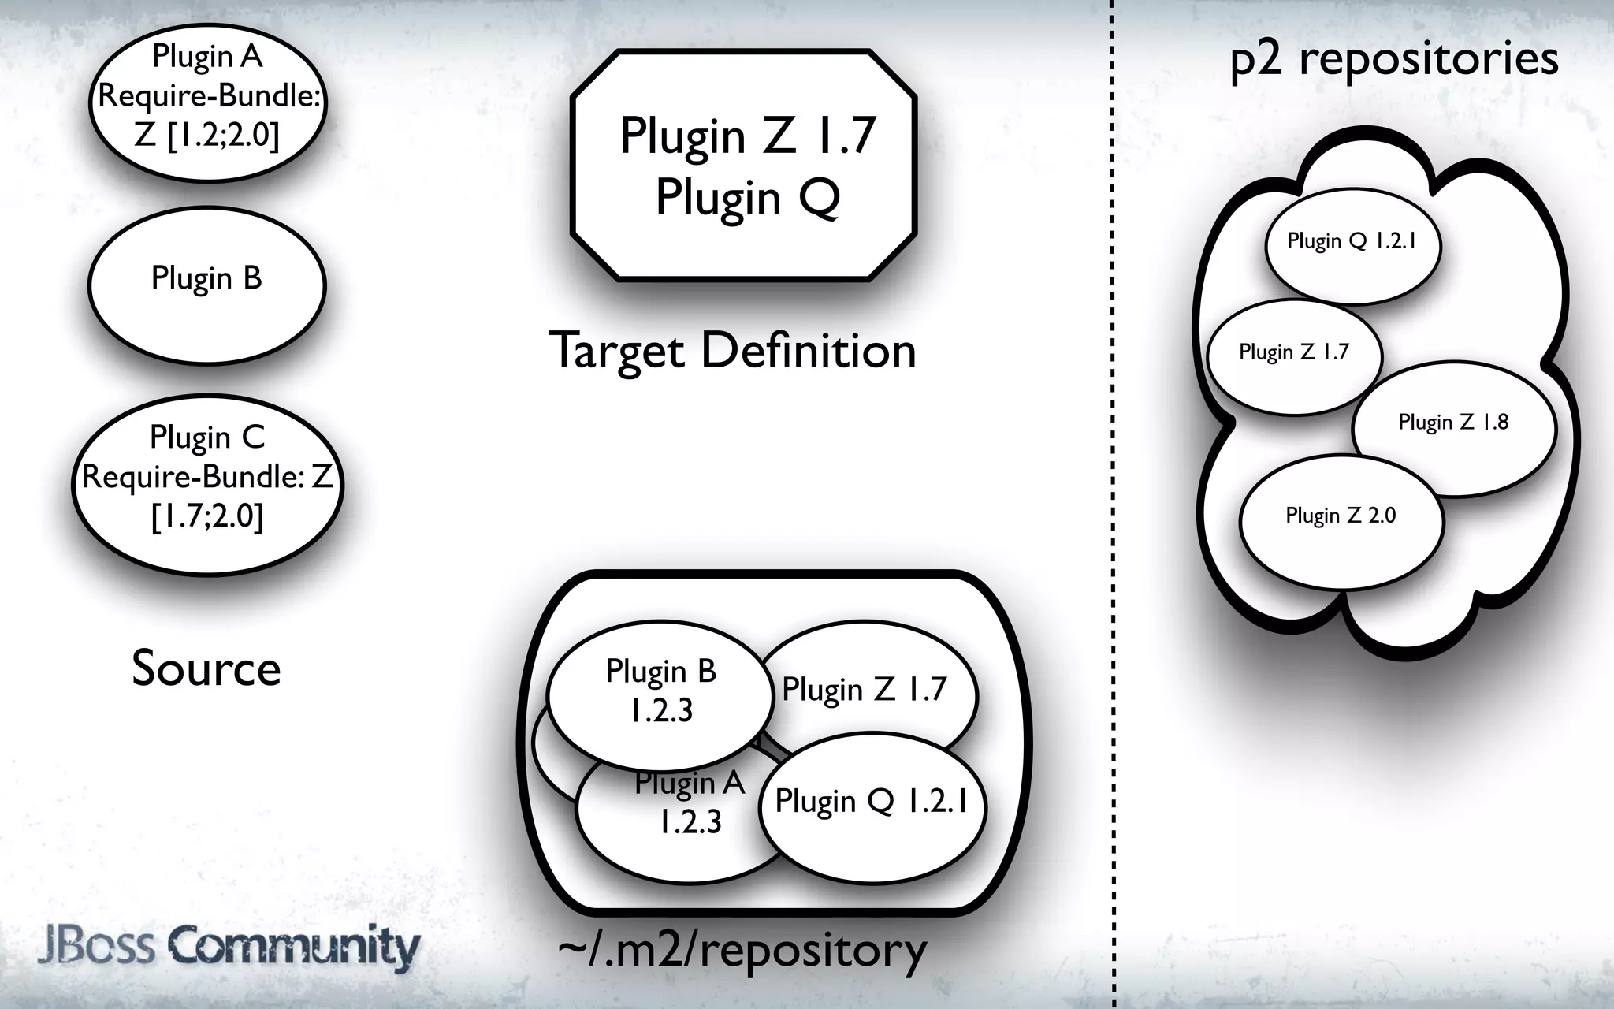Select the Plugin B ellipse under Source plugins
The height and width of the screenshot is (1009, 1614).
coord(206,281)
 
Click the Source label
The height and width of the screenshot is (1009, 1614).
coord(206,668)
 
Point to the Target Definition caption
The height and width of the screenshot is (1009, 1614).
coord(732,350)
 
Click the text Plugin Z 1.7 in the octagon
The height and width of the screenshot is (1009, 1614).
coord(747,136)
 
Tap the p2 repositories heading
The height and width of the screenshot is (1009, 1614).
coord(1393,58)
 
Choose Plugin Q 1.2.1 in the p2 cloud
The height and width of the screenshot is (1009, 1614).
coord(1352,241)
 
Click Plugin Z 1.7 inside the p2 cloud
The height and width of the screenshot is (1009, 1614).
coord(1293,352)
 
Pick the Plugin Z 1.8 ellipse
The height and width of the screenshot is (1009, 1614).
coord(1453,423)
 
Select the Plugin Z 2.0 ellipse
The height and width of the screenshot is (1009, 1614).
coord(1341,516)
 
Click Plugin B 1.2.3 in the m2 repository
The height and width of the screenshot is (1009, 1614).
coord(660,691)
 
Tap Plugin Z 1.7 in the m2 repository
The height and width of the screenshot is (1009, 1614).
coord(864,690)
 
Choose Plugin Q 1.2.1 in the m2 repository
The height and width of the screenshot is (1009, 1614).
coord(871,802)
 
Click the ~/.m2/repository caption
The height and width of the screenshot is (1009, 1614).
coord(742,951)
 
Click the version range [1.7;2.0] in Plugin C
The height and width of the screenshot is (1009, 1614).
coord(207,517)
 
